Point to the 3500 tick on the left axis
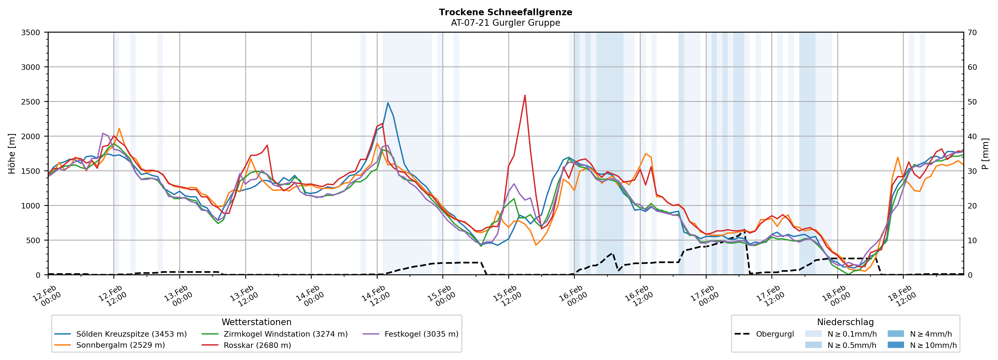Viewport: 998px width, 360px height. tap(31, 33)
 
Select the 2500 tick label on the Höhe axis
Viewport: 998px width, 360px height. tap(31, 102)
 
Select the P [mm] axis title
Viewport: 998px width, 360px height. tap(985, 153)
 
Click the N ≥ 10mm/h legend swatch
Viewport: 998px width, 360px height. tap(895, 345)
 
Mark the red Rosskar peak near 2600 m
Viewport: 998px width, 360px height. tap(525, 95)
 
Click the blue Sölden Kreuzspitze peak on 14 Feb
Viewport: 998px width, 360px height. tap(388, 103)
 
